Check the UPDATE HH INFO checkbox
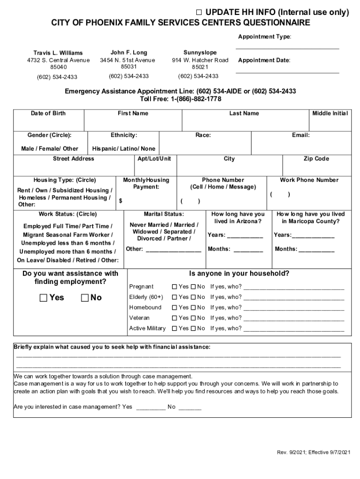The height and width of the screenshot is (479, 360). click(199, 13)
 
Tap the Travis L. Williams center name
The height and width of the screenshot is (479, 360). click(58, 53)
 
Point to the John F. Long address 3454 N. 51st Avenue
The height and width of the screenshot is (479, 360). click(127, 60)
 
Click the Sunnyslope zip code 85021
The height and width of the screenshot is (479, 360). click(200, 67)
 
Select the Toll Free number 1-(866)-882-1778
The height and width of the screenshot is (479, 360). click(180, 99)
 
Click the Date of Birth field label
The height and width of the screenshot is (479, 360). click(48, 113)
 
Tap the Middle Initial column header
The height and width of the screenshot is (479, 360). click(330, 113)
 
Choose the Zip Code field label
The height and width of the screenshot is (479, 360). click(316, 159)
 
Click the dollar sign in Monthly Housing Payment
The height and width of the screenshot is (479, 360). click(121, 201)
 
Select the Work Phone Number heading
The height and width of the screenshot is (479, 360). click(309, 180)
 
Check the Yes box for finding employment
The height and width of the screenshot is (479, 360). click(43, 298)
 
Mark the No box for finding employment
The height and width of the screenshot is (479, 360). click(85, 298)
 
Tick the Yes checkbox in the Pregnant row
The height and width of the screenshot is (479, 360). click(174, 287)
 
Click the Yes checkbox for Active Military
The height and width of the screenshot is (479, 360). click(174, 328)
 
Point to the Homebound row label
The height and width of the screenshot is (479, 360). click(145, 307)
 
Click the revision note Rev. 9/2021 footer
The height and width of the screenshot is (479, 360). click(313, 452)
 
